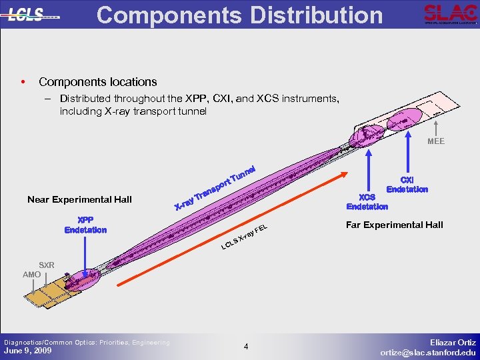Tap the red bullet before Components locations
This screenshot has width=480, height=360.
tap(23, 82)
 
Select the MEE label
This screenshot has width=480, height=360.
tap(435, 141)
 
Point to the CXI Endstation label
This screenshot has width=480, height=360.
tap(407, 185)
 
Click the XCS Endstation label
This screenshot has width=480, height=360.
tap(367, 201)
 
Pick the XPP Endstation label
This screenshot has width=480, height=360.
tap(85, 225)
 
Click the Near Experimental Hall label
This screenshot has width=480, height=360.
tap(79, 199)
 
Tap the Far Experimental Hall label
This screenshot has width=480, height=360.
tap(394, 225)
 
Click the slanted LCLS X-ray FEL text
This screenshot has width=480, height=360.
tap(244, 239)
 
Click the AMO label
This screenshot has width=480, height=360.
tap(31, 274)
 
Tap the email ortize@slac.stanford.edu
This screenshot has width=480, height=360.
tap(428, 352)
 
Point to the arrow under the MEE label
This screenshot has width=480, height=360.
tap(435, 127)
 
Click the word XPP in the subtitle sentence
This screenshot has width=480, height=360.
tap(219, 99)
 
